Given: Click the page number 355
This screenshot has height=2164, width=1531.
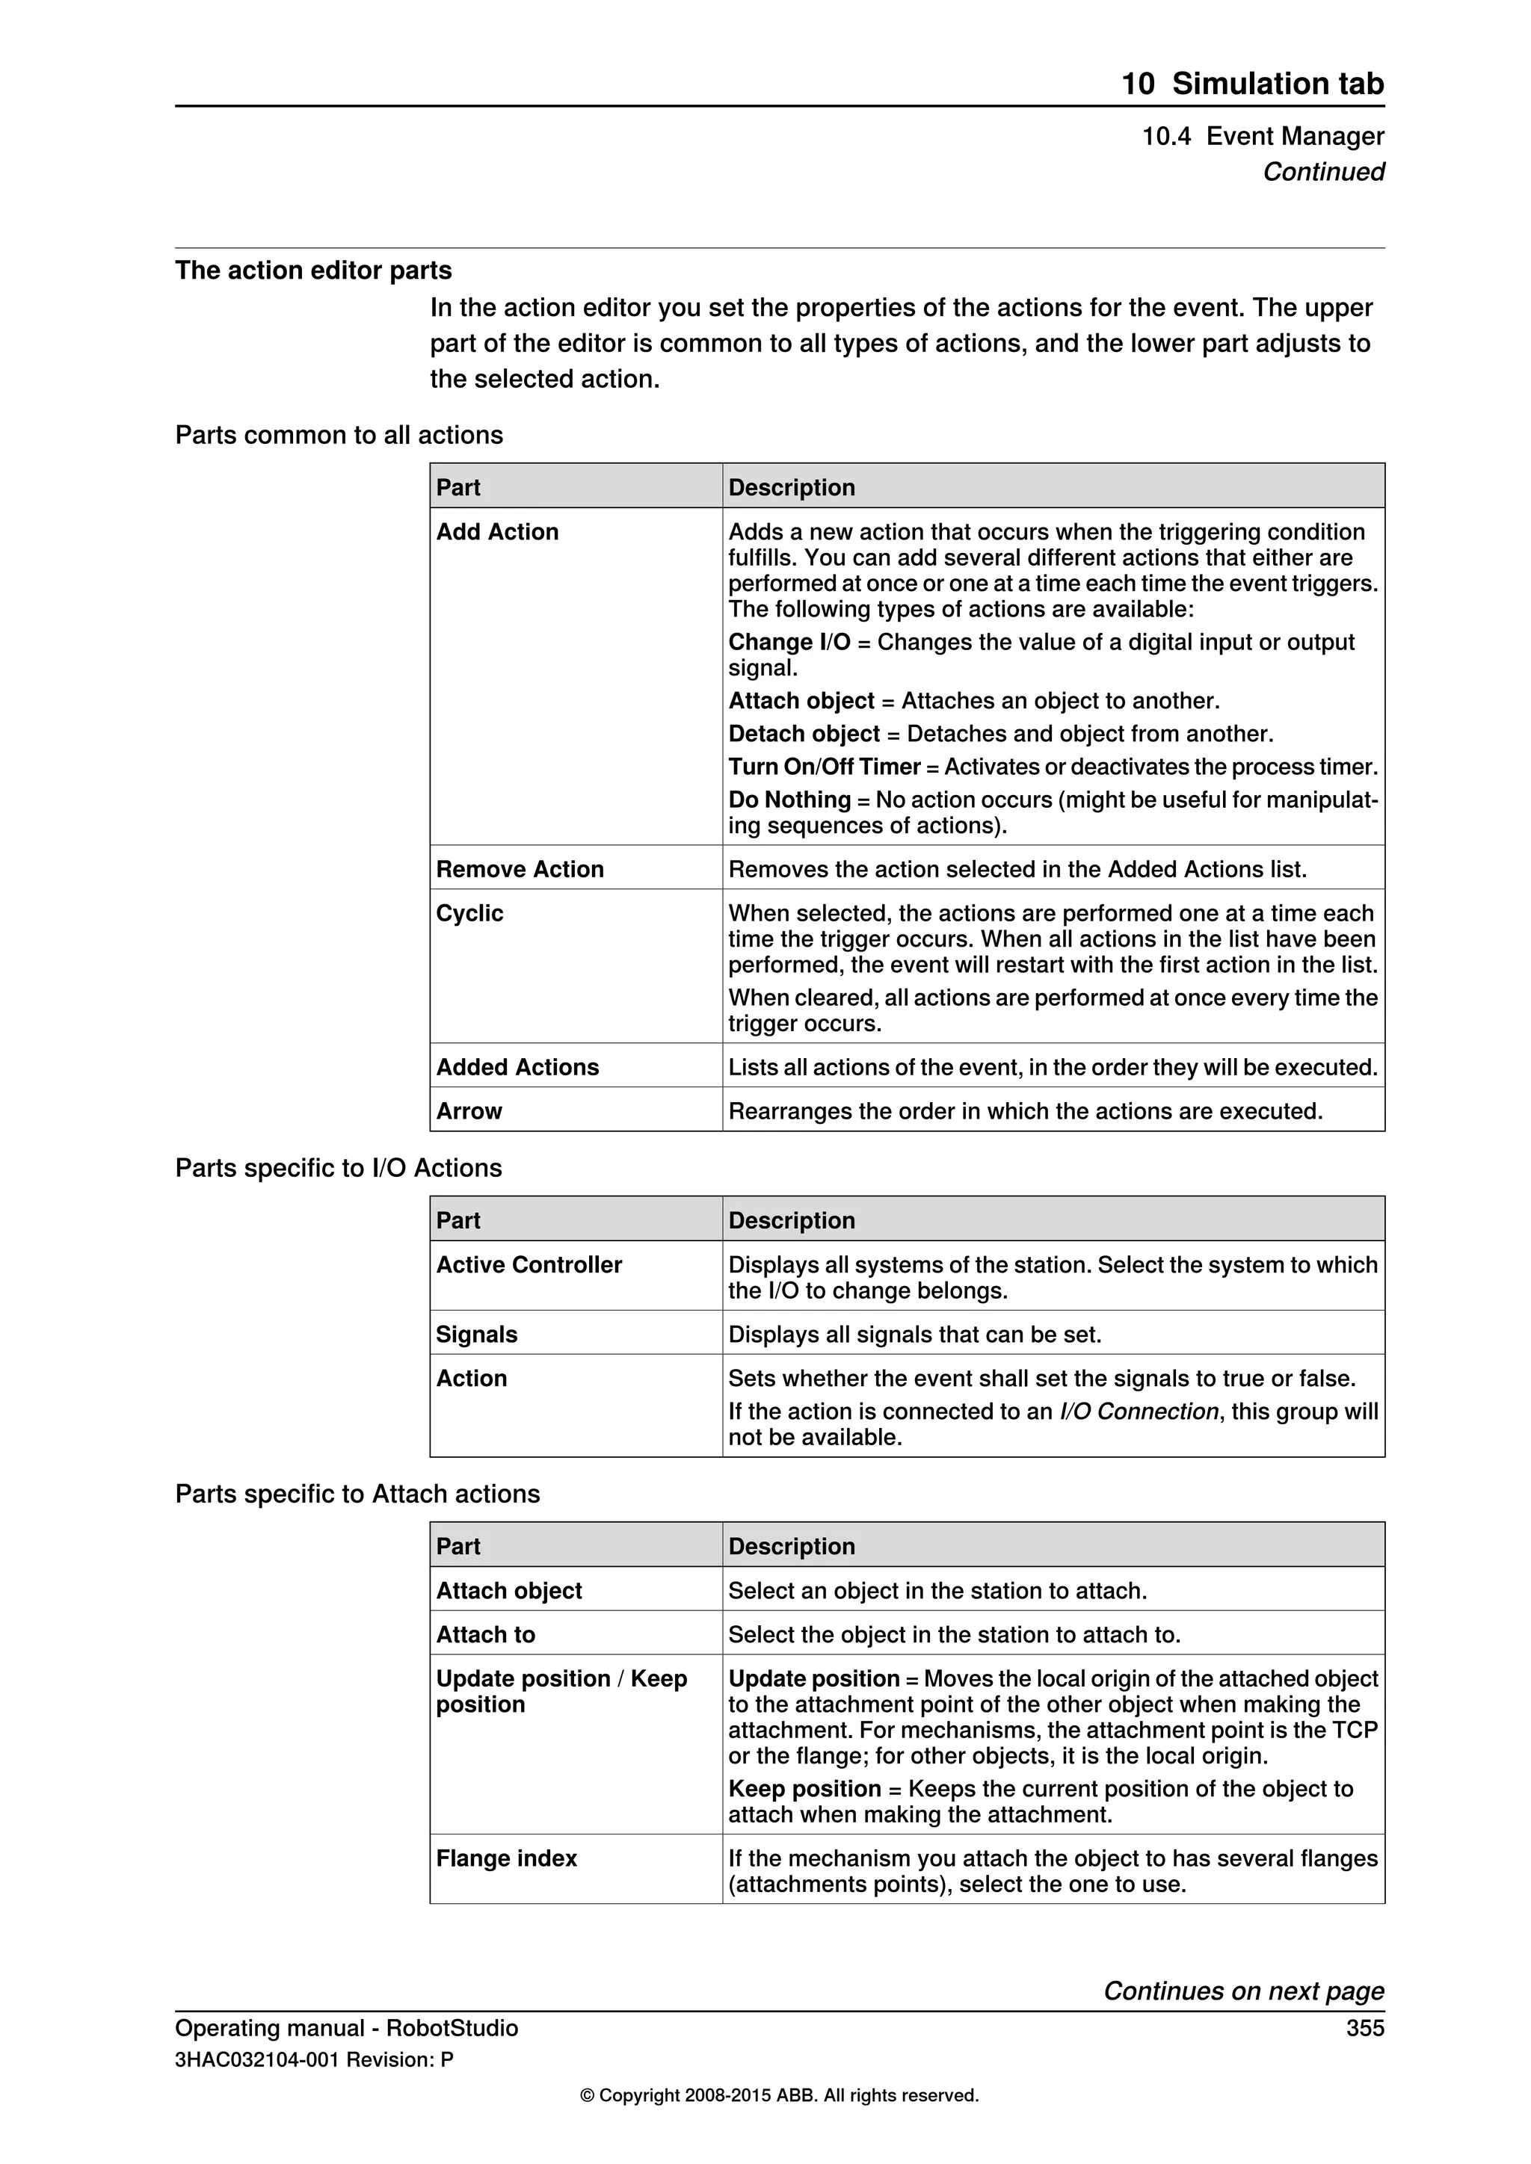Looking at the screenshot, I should [x=1364, y=2027].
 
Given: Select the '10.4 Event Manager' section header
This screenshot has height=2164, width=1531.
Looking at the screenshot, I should [x=1263, y=137].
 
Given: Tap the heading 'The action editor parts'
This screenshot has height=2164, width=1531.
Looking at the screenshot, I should [x=313, y=270].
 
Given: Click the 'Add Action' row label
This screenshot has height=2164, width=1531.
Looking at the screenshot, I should [x=497, y=531].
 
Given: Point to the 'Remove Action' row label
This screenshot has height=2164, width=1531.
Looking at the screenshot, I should [x=520, y=869].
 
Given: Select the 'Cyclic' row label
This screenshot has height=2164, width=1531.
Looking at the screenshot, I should [x=469, y=913].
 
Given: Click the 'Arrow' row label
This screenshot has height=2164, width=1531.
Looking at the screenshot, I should [x=469, y=1111].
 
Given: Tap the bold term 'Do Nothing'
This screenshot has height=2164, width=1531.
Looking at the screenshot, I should [x=789, y=800].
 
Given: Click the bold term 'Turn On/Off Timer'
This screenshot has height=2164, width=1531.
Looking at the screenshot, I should [x=824, y=766].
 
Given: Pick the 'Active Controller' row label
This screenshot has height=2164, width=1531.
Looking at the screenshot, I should [x=529, y=1265].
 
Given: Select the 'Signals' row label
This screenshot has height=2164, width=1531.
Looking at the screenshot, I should [x=476, y=1335].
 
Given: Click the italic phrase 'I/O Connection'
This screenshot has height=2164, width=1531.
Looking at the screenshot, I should [x=1139, y=1411].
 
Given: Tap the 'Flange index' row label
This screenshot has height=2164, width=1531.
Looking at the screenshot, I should [x=506, y=1858].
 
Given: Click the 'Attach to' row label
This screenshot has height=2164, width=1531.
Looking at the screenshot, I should [x=484, y=1634].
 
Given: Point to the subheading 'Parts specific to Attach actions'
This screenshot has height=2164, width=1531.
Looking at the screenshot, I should [x=357, y=1494].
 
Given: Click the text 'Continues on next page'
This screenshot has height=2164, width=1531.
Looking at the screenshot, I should [x=1243, y=1991].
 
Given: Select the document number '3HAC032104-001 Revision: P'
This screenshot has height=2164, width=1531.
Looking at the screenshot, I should [x=314, y=2059].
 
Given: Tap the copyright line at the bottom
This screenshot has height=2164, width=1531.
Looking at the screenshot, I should [x=779, y=2095].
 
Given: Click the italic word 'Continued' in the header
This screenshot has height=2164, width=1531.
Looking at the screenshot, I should [x=1322, y=172].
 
